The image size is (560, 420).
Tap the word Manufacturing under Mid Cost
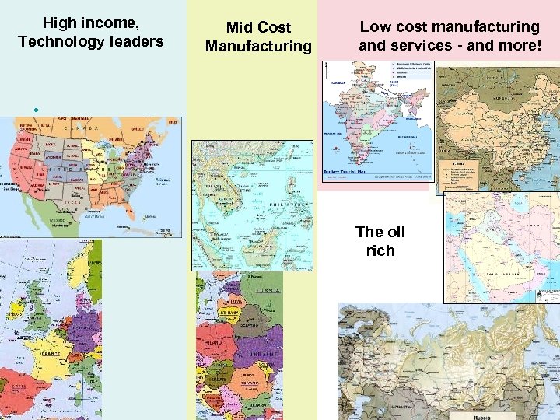point(258,47)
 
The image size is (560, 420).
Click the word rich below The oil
point(380,250)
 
